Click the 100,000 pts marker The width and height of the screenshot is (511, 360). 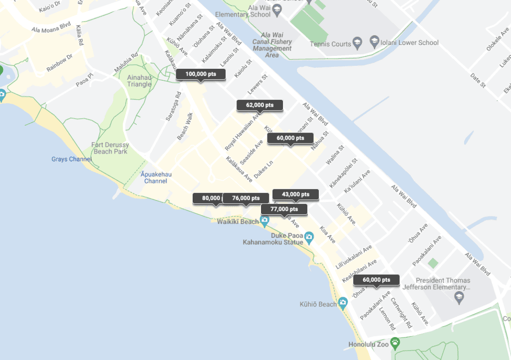(x=201, y=74)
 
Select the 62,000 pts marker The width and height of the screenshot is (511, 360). (x=259, y=105)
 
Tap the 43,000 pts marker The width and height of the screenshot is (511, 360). (x=295, y=194)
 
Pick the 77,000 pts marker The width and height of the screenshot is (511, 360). (x=283, y=209)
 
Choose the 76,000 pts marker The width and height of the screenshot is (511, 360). (x=245, y=198)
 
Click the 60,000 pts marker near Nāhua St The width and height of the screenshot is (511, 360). (x=290, y=138)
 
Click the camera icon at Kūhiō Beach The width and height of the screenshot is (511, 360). (x=343, y=303)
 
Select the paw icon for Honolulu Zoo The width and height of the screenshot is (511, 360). (x=396, y=343)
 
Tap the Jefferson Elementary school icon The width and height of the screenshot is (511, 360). (x=458, y=298)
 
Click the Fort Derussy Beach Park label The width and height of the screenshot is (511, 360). (x=110, y=148)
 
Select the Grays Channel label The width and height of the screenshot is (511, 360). (x=71, y=160)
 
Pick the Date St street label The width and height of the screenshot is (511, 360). (x=478, y=80)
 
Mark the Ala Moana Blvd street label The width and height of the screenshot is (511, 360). (x=51, y=28)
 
